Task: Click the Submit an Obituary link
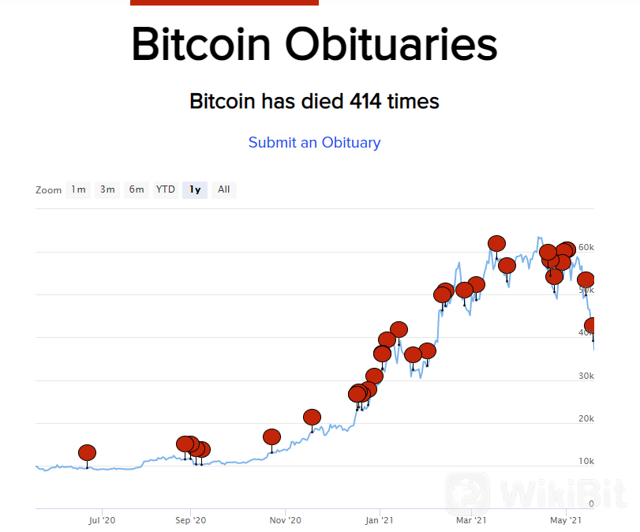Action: click(x=314, y=143)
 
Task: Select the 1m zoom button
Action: click(x=78, y=189)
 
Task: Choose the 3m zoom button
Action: click(x=107, y=189)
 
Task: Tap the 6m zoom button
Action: click(x=137, y=189)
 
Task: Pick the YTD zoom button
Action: click(x=165, y=189)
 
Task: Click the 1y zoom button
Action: click(x=194, y=189)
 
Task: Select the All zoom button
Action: click(x=224, y=189)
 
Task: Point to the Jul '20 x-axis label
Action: click(x=102, y=521)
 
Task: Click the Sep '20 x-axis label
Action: click(x=190, y=521)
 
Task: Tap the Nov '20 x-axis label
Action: click(x=285, y=521)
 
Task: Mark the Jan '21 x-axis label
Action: click(x=379, y=521)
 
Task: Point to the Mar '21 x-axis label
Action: click(x=470, y=521)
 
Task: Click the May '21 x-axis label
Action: click(x=565, y=521)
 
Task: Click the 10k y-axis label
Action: click(x=586, y=461)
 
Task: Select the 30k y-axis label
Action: click(x=586, y=376)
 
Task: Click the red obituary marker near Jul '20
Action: click(x=87, y=453)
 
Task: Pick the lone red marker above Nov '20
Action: click(x=271, y=436)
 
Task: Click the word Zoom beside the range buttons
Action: click(x=48, y=190)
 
